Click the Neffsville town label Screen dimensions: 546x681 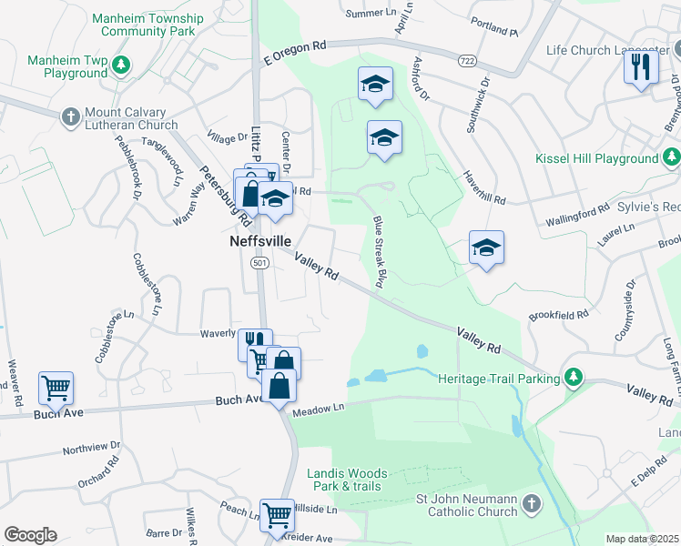pos(259,243)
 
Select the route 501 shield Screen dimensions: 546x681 pos(259,263)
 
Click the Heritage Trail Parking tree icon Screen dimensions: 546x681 pos(573,377)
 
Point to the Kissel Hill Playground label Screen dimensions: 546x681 pos(598,158)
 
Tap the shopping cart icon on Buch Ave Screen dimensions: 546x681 pos(56,389)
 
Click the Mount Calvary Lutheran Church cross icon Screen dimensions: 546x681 pos(70,116)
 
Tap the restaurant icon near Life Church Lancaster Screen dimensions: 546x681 pos(641,67)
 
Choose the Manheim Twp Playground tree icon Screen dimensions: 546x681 pos(119,66)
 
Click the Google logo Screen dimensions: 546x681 pos(30,534)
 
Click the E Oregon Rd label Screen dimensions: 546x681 pos(294,51)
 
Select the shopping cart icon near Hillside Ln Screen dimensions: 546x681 pos(277,515)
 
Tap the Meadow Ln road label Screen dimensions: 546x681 pos(320,411)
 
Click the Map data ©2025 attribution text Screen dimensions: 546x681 pos(642,539)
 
